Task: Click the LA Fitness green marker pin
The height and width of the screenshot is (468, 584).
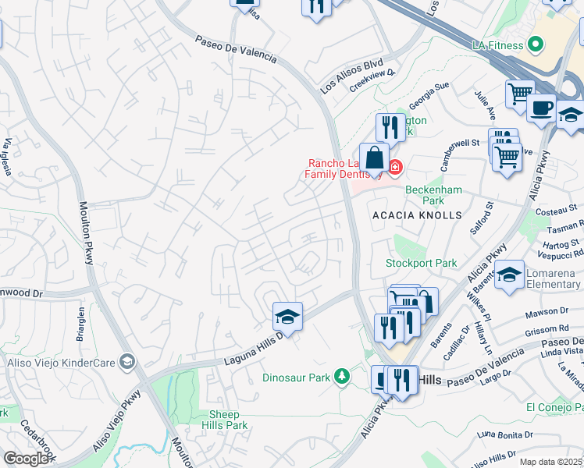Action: tap(535, 45)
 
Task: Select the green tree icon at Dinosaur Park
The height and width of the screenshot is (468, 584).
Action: tap(341, 378)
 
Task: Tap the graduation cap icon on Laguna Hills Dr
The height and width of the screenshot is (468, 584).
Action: tap(287, 317)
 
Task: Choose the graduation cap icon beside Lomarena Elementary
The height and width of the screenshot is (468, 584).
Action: tap(509, 275)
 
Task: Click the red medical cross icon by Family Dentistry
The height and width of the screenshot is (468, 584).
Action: tap(395, 166)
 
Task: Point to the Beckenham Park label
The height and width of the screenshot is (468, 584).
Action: tap(433, 195)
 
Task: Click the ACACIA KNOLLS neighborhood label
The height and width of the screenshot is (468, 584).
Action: tap(417, 214)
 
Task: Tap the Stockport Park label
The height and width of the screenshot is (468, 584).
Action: tap(422, 264)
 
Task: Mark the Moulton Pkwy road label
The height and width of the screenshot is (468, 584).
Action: tap(86, 233)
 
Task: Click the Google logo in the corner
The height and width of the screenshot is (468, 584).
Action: tap(26, 459)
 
